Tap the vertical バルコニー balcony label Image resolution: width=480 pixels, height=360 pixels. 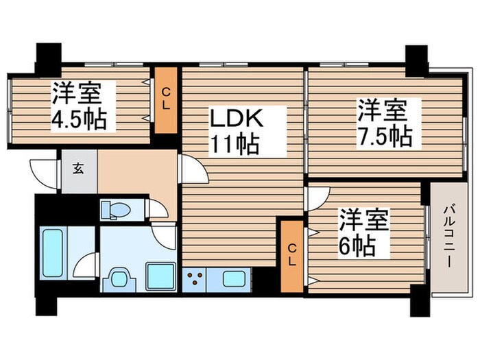click(x=450, y=236)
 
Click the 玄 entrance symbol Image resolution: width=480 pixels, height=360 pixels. click(x=78, y=169)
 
